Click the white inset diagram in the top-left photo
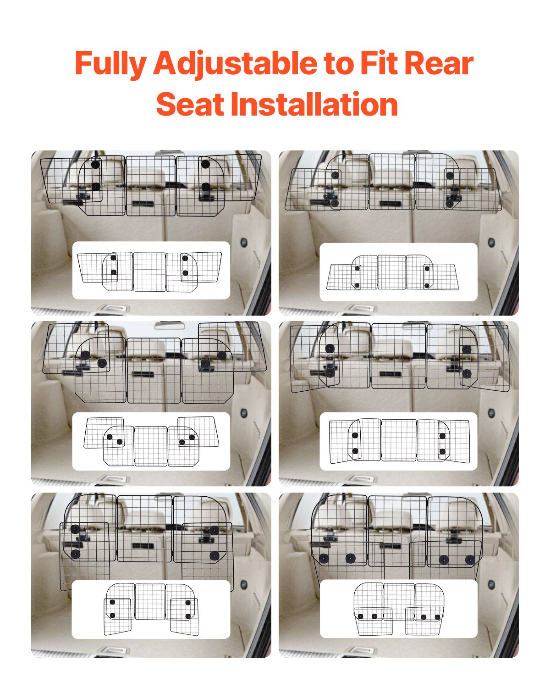[151, 271]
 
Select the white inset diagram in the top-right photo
[398, 272]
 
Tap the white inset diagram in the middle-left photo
[151, 441]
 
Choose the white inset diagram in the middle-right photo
[398, 441]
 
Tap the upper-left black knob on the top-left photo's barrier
[95, 164]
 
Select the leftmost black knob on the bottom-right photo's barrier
[324, 559]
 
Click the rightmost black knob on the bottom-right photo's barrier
[469, 560]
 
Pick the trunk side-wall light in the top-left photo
[244, 242]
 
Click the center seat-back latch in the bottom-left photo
[143, 546]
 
